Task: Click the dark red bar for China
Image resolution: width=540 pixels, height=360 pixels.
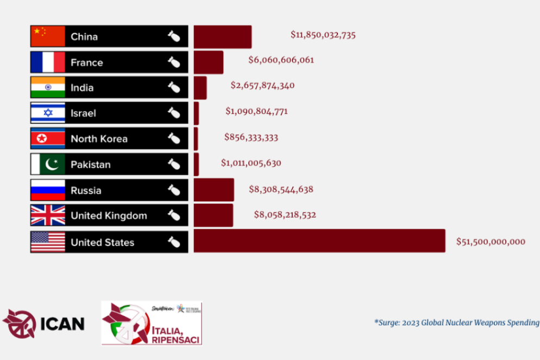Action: (222, 36)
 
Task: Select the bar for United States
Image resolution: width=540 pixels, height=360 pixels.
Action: (319, 241)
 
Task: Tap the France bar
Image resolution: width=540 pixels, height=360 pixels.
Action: (208, 62)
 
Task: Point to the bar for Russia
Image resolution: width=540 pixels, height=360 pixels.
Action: (214, 190)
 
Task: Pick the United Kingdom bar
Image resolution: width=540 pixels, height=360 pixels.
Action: (213, 215)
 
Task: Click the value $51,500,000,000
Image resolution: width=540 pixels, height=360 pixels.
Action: (491, 242)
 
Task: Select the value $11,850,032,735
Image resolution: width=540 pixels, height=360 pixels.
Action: (323, 35)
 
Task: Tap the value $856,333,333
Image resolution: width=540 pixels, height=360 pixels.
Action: (251, 137)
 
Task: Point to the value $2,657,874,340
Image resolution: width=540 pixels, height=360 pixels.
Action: (262, 85)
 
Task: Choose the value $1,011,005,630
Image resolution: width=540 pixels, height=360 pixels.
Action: (251, 163)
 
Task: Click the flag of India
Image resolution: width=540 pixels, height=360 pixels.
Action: (48, 87)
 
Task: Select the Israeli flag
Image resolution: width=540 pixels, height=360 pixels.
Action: (48, 113)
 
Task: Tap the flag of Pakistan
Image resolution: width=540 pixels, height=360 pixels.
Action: (48, 164)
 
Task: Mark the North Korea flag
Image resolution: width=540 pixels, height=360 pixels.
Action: (48, 138)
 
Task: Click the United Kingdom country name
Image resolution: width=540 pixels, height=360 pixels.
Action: (109, 216)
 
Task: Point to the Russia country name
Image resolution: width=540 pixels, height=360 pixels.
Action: (86, 191)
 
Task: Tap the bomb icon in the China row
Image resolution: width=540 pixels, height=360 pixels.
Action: (173, 37)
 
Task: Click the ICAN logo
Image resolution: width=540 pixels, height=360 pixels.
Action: (43, 324)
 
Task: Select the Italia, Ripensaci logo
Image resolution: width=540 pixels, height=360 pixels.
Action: (152, 324)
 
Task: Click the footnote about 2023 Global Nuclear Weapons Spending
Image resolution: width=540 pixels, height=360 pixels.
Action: (456, 323)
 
